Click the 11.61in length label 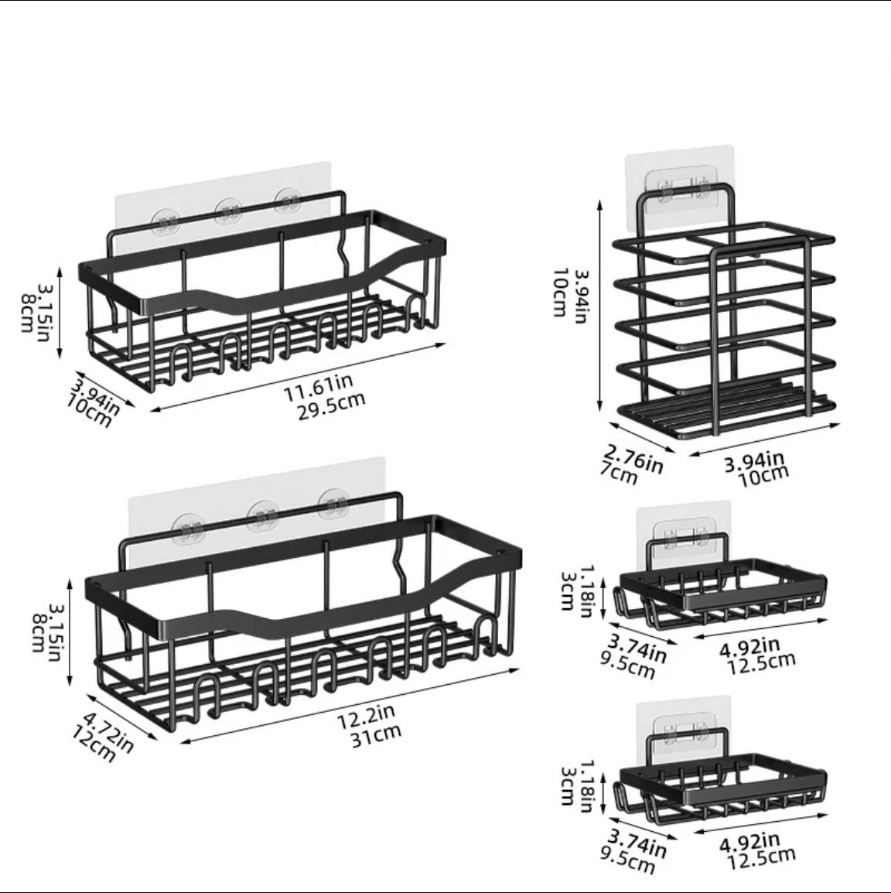pos(318,387)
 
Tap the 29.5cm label pos(331,405)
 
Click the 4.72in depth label pos(108,732)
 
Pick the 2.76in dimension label pos(633,459)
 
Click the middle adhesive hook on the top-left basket pos(227,211)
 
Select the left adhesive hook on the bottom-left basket pos(188,528)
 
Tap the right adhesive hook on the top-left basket pos(288,201)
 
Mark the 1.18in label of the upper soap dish pos(585,592)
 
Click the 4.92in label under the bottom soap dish pos(749,841)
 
